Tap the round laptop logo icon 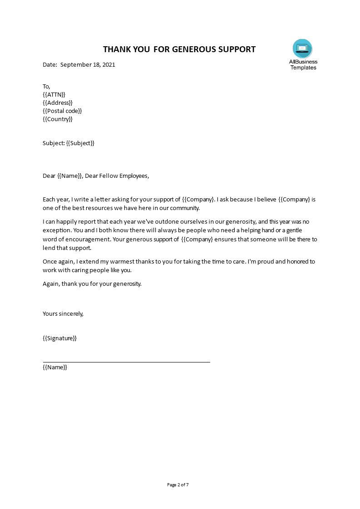coord(303,49)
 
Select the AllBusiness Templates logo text coord(303,64)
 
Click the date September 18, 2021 coord(88,64)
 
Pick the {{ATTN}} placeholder coord(54,94)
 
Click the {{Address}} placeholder coord(58,103)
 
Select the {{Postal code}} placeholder coord(62,111)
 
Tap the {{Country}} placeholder coord(58,119)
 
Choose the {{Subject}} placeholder coord(80,143)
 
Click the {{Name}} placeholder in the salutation coord(70,176)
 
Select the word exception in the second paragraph coord(57,230)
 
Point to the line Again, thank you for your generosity coord(92,284)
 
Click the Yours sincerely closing coord(63,313)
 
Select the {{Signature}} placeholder coord(59,338)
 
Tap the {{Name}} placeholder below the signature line coord(55,367)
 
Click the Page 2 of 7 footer coord(178,485)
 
